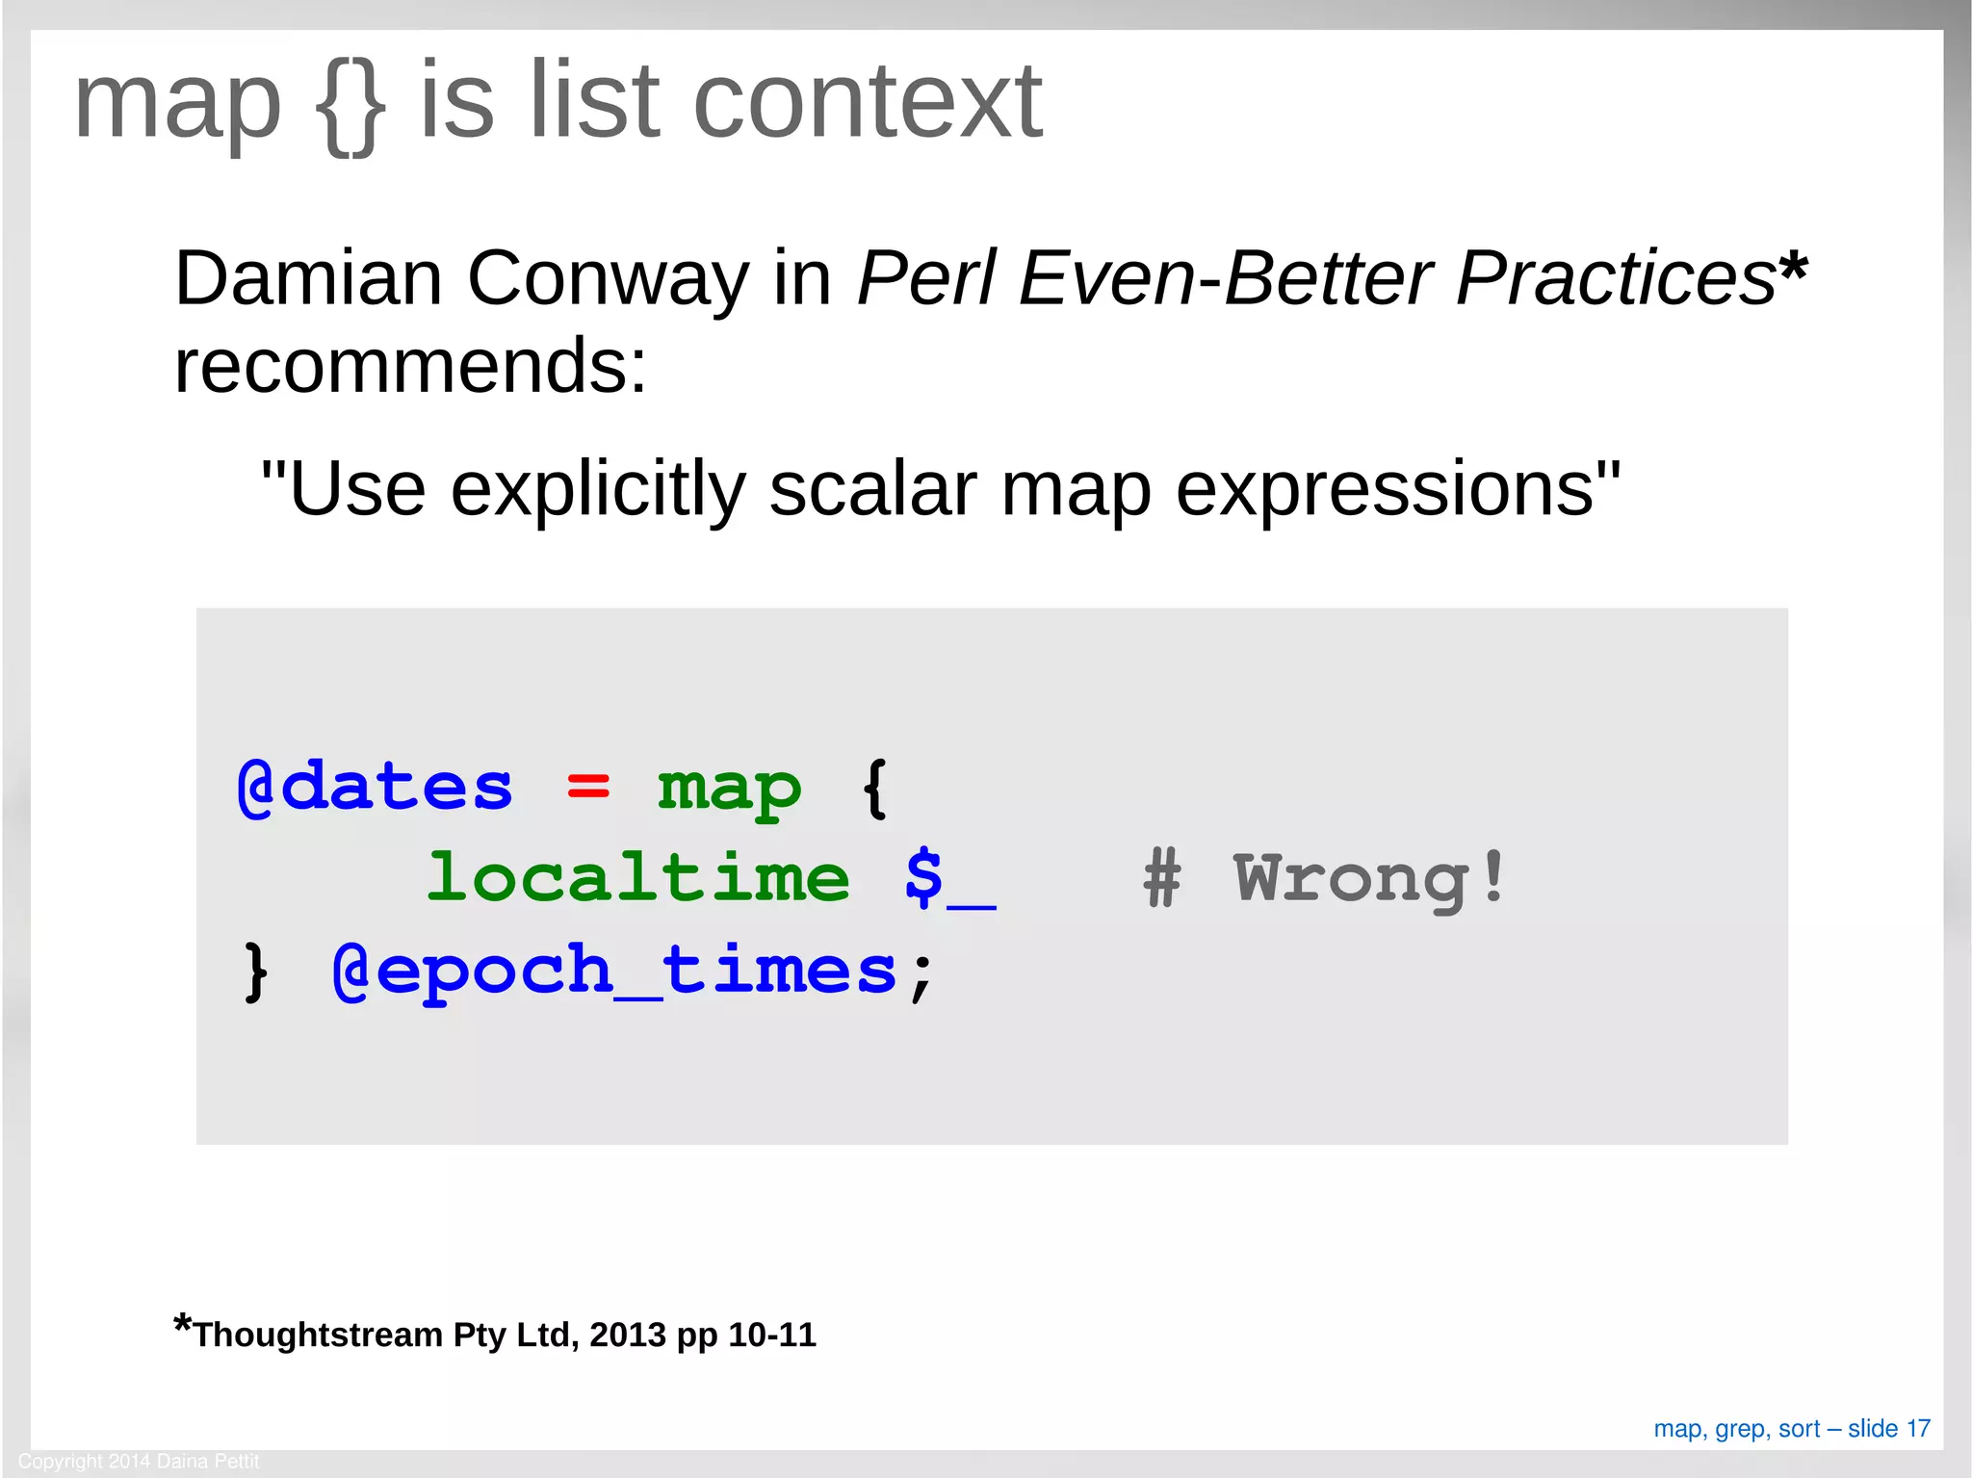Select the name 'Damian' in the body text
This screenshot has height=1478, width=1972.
[x=308, y=279]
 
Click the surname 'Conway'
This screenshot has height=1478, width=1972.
[x=608, y=279]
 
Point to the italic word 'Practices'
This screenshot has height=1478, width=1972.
[x=1615, y=279]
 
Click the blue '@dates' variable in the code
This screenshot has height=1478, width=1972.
[x=375, y=788]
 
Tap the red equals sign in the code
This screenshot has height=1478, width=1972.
[x=587, y=788]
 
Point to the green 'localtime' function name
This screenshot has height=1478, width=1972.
[x=638, y=878]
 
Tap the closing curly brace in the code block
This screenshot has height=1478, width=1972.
[x=255, y=971]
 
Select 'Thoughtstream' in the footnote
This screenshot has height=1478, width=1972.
[x=318, y=1335]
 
